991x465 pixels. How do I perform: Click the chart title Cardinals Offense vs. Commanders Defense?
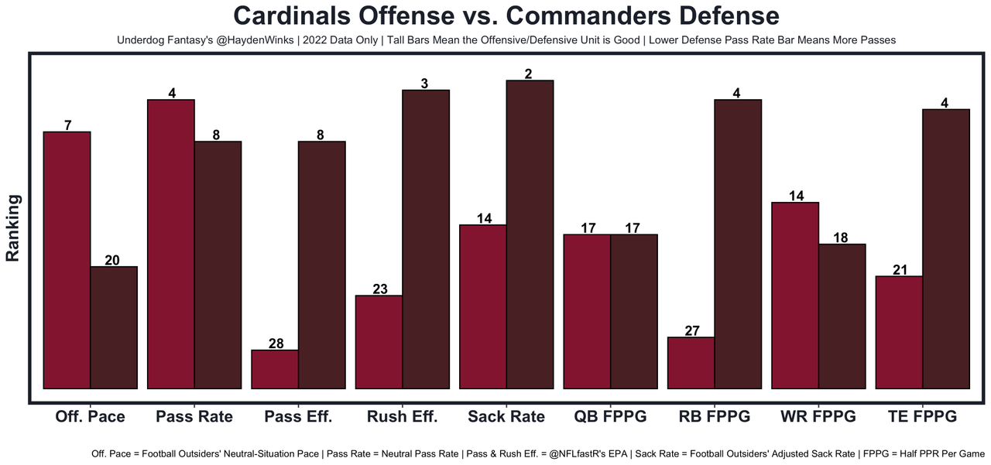coord(506,16)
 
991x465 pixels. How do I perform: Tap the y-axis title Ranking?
coord(13,227)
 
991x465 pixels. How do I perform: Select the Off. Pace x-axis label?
coord(90,416)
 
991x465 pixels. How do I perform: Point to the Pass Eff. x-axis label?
coord(298,416)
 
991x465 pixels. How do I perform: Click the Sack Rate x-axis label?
coord(506,416)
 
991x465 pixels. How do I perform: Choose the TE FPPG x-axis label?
coord(922,416)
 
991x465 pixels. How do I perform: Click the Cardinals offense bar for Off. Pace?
coord(67,259)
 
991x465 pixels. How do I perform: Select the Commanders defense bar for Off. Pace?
coord(114,327)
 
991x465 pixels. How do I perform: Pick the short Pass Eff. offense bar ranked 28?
coord(275,369)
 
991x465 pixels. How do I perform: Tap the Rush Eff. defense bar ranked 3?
coord(426,238)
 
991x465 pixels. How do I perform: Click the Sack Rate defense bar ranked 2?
coord(530,234)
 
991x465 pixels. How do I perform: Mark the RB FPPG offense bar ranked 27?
coord(691,362)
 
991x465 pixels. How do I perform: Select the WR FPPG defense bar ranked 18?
coord(842,316)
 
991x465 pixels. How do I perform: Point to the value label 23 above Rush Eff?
coord(379,289)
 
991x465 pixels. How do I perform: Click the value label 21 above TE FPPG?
coord(900,270)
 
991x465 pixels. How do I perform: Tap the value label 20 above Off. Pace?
coord(112,261)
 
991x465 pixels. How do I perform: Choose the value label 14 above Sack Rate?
coord(483,219)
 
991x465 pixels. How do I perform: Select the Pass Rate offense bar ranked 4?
coord(171,244)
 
